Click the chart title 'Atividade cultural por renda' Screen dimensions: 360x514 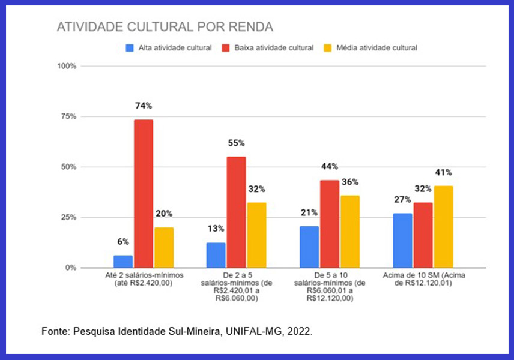pos(165,27)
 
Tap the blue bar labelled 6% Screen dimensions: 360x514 pos(123,262)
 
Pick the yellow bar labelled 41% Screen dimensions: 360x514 pos(444,227)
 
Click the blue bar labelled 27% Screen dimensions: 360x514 pos(403,241)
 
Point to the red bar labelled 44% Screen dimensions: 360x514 pos(329,224)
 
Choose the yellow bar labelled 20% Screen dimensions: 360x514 pos(164,247)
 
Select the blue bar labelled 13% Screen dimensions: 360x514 pos(216,255)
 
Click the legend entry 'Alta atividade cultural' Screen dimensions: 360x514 pos(169,47)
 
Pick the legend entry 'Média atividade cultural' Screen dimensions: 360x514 pos(370,47)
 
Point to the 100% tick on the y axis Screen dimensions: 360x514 pos(67,66)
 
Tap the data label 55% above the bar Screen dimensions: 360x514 pos(235,143)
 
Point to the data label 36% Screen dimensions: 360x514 pos(350,182)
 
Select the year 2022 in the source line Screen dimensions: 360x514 pos(300,331)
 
